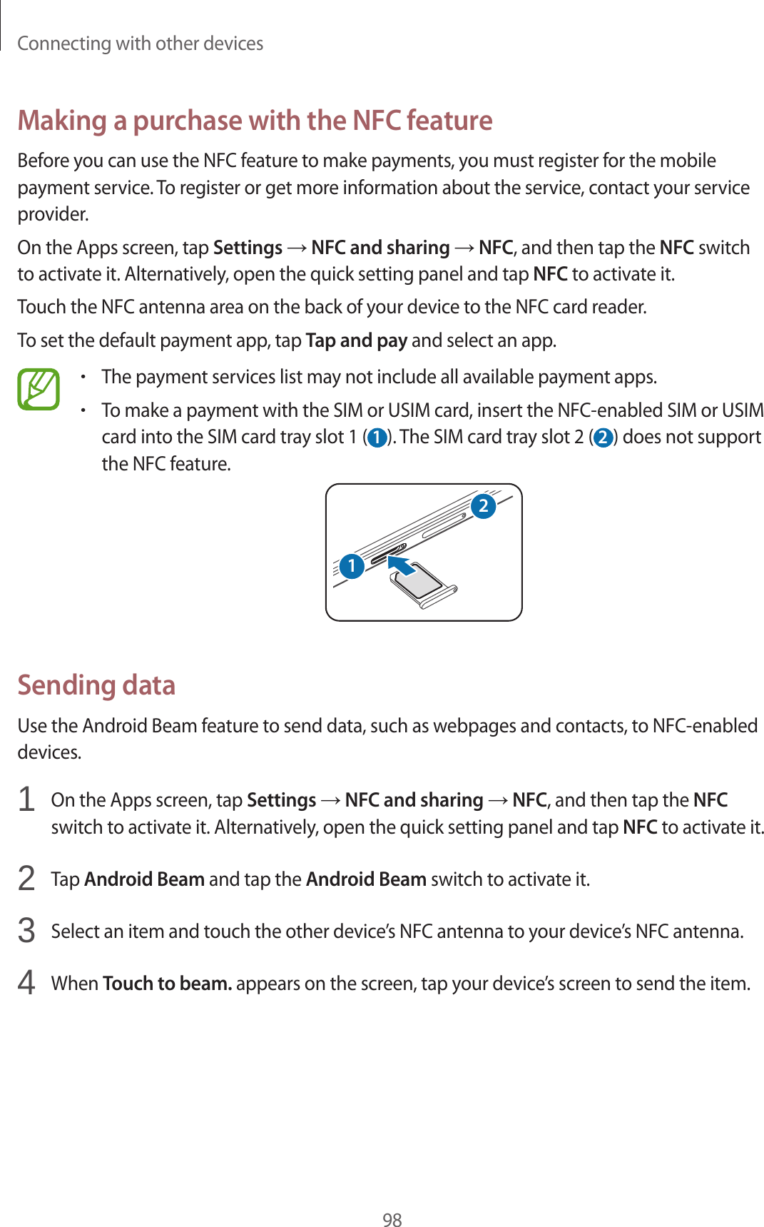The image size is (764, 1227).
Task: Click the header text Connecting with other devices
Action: [140, 44]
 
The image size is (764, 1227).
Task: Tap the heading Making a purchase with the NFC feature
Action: [255, 121]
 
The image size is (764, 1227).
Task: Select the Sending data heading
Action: [96, 685]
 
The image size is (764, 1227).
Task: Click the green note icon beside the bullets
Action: [39, 389]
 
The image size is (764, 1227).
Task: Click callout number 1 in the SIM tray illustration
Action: [352, 566]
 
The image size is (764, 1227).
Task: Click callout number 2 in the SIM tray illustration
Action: [483, 506]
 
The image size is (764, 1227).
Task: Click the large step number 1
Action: [26, 799]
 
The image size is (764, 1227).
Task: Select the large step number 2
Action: [26, 878]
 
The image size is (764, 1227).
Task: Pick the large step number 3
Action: [26, 931]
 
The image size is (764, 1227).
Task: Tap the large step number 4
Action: [26, 983]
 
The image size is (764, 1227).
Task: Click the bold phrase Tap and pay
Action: [356, 340]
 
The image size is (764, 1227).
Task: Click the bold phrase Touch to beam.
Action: [167, 984]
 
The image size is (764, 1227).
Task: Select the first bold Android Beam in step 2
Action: [144, 879]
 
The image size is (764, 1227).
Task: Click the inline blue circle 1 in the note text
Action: [377, 438]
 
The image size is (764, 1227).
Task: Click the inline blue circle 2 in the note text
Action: [603, 438]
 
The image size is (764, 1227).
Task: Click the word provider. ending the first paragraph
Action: [53, 215]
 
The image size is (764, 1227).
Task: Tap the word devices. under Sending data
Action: [49, 752]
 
